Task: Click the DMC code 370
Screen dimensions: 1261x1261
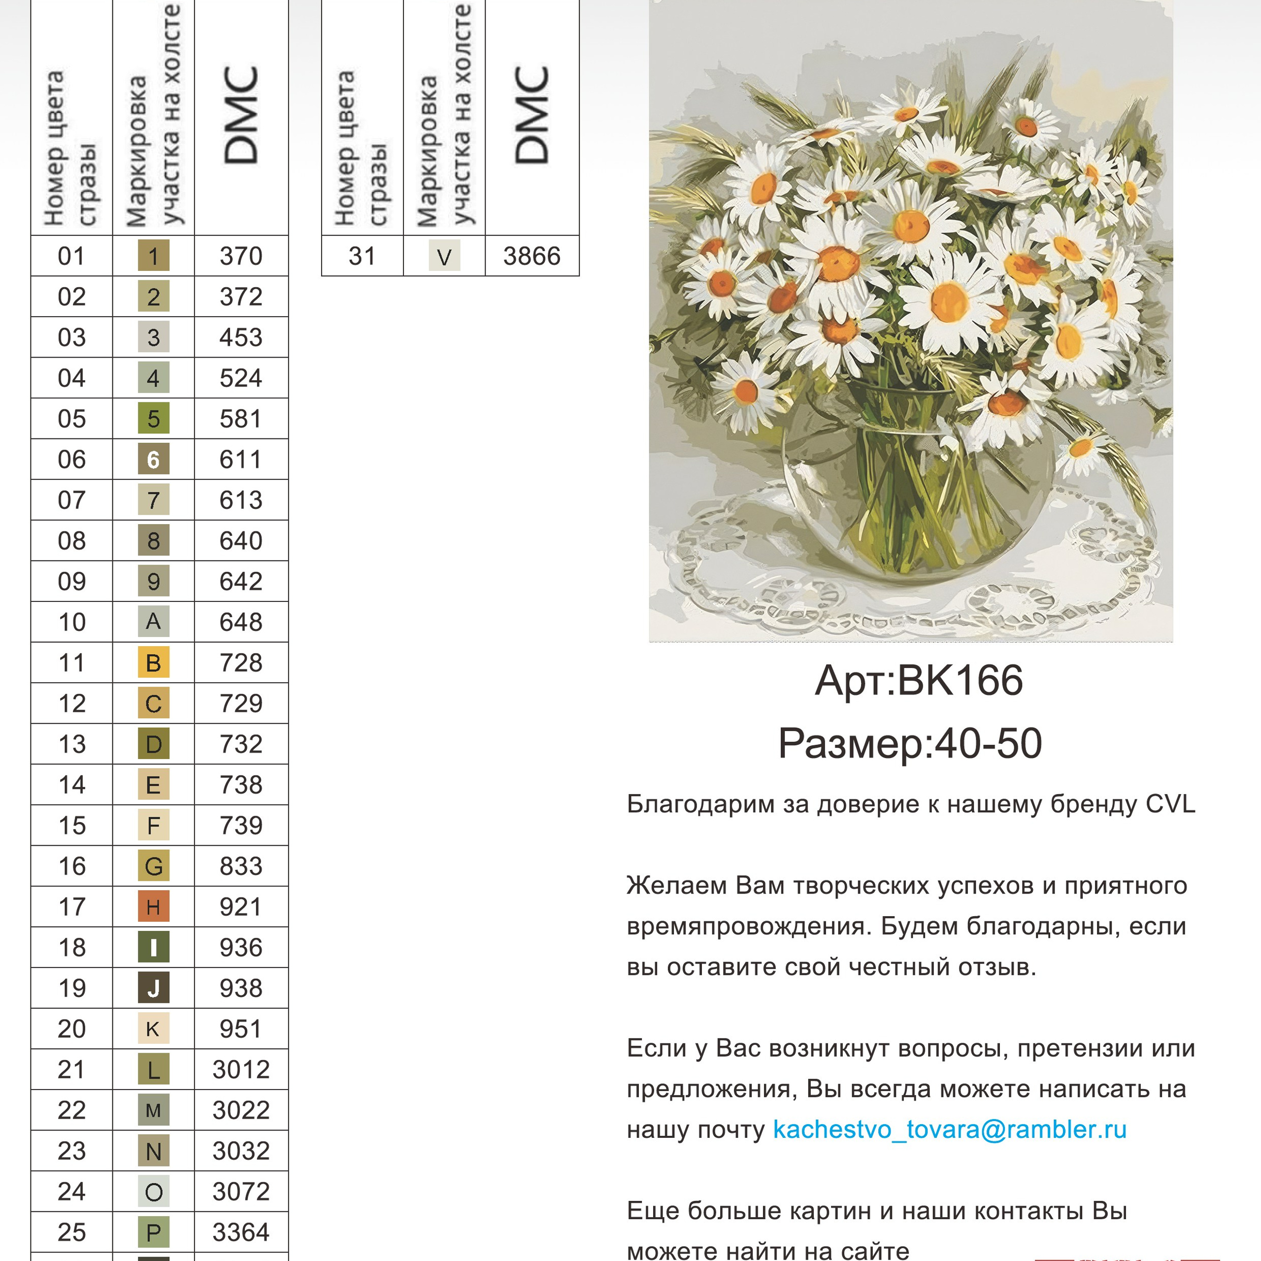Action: pyautogui.click(x=241, y=256)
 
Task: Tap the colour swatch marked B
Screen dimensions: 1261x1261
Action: pyautogui.click(x=153, y=663)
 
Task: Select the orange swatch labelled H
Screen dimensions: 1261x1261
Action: pyautogui.click(x=153, y=906)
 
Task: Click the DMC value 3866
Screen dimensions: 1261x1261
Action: pyautogui.click(x=531, y=256)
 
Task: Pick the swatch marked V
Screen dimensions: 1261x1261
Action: pyautogui.click(x=444, y=256)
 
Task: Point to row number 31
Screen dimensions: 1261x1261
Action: pyautogui.click(x=362, y=256)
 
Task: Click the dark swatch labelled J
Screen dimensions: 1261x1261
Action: pyautogui.click(x=153, y=988)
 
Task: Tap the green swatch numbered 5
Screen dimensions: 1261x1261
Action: pyautogui.click(x=153, y=418)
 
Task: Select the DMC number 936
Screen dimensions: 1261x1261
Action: pyautogui.click(x=241, y=947)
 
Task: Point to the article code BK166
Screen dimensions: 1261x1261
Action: pyautogui.click(x=960, y=681)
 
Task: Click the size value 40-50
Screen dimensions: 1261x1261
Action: pyautogui.click(x=988, y=743)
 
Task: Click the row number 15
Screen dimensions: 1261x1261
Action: pyautogui.click(x=72, y=826)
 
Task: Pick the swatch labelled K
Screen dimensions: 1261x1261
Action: pyautogui.click(x=153, y=1029)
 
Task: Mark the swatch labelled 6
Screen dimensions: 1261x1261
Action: pyautogui.click(x=153, y=460)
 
